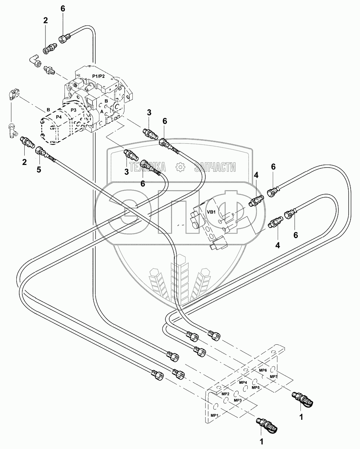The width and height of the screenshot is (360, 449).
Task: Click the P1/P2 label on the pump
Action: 98,76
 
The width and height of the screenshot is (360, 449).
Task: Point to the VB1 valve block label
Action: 211,212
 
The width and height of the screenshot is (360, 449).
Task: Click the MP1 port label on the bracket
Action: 215,416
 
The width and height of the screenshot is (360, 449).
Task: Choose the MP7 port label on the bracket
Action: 274,376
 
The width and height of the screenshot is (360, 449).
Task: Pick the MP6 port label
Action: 263,370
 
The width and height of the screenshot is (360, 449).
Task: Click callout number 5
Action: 38,170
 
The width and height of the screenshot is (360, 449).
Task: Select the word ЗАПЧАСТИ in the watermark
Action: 215,166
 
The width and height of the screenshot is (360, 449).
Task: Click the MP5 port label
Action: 255,388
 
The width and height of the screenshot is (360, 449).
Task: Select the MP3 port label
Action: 238,400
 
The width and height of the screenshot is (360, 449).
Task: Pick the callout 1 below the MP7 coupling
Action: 301,417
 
